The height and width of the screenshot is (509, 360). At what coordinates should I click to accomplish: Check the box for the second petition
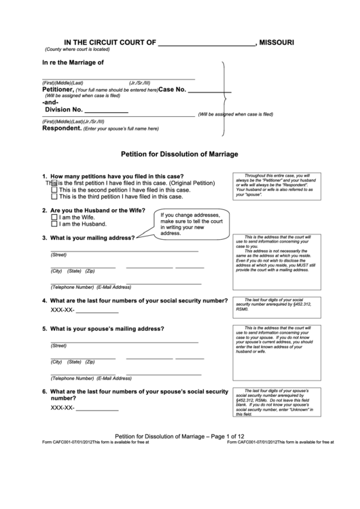click(x=54, y=190)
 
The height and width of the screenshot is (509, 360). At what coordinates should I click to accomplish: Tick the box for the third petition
click(x=54, y=197)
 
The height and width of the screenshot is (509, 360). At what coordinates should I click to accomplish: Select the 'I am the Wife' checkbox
click(x=54, y=217)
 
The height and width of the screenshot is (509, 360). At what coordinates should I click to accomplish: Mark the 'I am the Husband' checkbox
click(x=54, y=224)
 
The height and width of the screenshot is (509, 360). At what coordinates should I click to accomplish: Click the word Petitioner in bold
click(x=57, y=90)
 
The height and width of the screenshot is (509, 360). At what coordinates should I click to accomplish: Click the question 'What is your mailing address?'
click(x=92, y=238)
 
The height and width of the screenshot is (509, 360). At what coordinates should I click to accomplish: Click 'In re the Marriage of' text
click(x=73, y=63)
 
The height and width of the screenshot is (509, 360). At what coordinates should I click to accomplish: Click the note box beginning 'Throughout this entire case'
click(x=276, y=185)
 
